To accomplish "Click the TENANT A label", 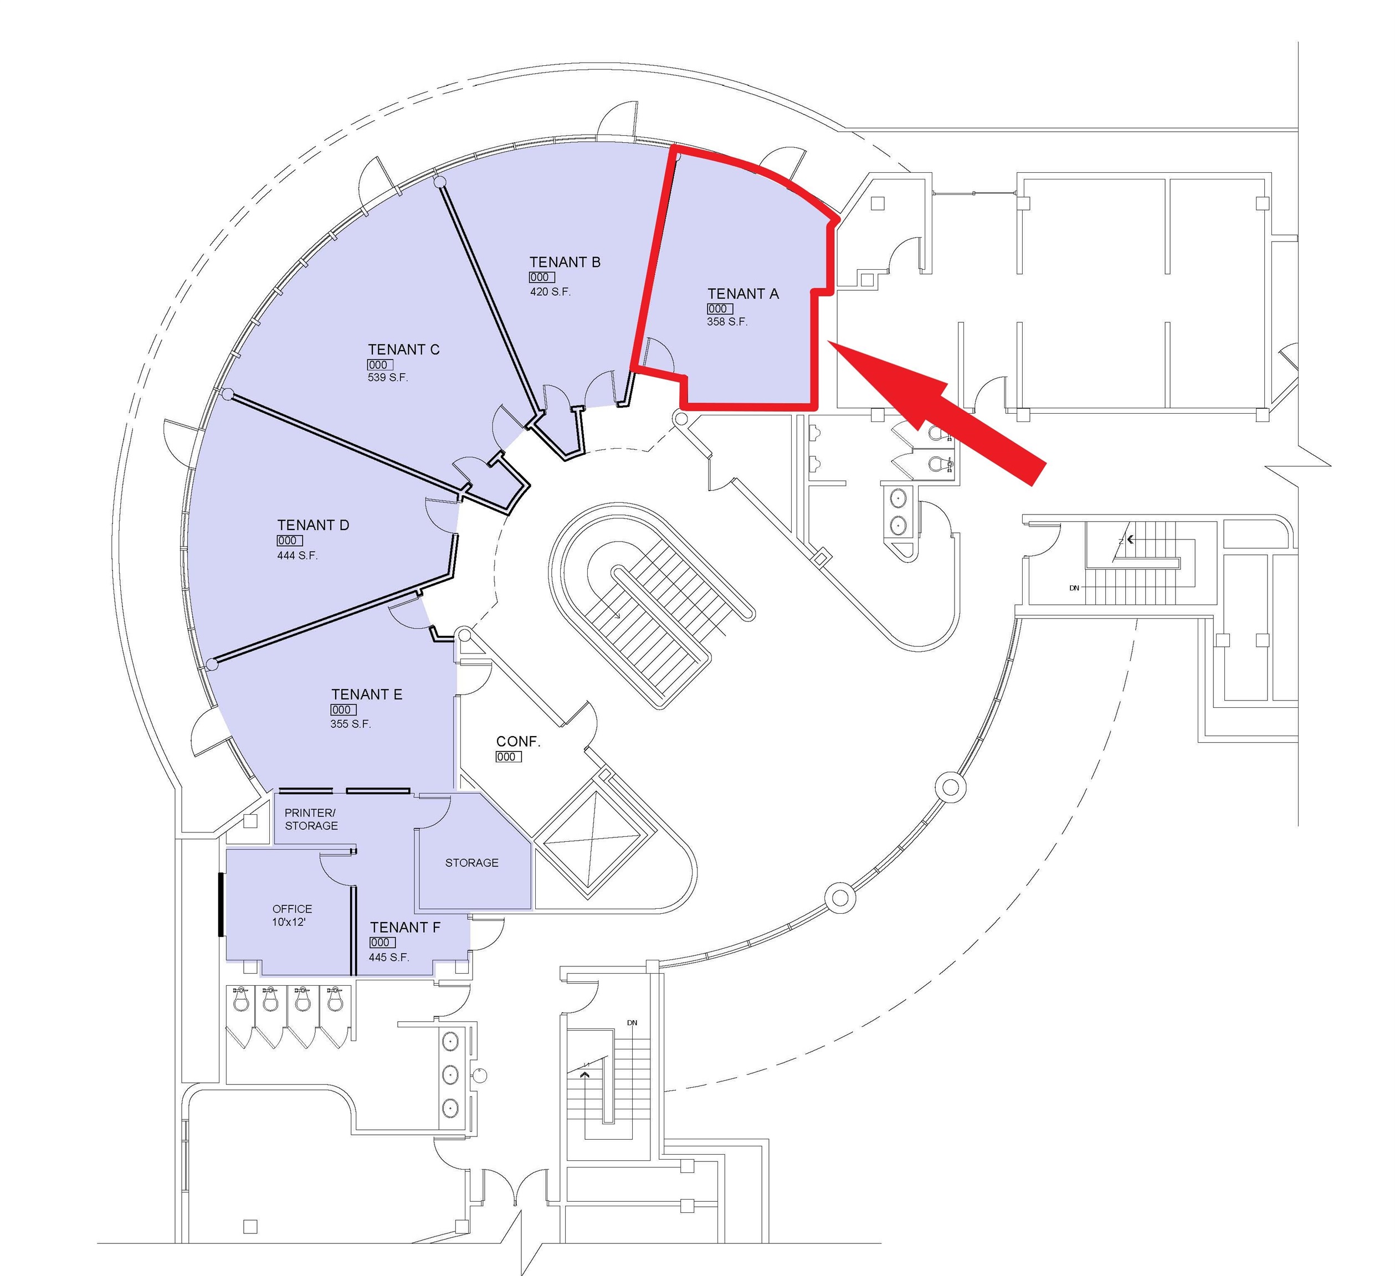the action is coord(742,294).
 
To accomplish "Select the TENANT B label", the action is coord(565,262).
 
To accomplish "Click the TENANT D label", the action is coord(313,525).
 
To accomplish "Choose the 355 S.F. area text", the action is coord(350,724).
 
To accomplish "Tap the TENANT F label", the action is coord(405,928).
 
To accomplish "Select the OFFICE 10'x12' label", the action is coord(292,915).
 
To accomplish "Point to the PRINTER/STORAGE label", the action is coord(311,819).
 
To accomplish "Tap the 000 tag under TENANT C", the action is coord(380,365).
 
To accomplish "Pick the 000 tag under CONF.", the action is coord(509,757).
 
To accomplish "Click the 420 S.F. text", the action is coord(550,292).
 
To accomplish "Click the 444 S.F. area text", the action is coord(297,555).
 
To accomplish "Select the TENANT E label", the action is coord(366,694).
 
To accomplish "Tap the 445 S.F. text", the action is coord(389,957).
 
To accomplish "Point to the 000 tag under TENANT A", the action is coord(720,309).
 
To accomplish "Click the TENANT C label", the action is coord(403,349).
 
